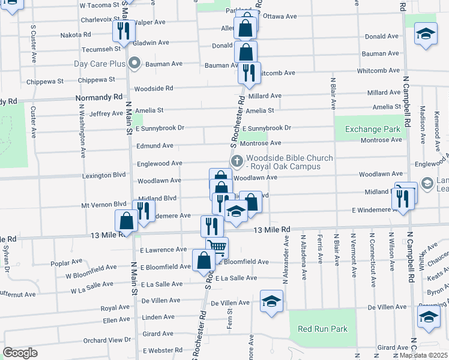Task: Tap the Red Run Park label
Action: point(322,329)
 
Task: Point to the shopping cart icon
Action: point(217,247)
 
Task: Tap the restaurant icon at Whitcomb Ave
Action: point(249,73)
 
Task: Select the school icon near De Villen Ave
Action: point(271,301)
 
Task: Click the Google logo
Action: point(20,352)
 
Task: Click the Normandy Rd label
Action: point(99,97)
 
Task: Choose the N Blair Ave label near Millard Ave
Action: point(333,92)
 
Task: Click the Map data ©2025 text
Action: point(424,355)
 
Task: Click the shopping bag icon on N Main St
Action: point(127,221)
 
